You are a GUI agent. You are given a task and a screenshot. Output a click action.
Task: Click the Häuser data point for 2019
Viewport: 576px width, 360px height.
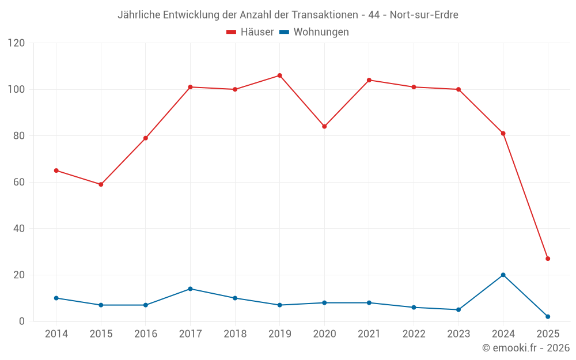(x=279, y=75)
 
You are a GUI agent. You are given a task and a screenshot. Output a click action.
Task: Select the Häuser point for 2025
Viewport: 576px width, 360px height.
(x=548, y=259)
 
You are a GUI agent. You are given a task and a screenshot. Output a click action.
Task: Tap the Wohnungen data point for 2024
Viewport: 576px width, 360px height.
(x=503, y=275)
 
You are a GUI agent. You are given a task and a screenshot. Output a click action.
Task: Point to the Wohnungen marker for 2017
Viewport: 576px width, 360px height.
(x=190, y=289)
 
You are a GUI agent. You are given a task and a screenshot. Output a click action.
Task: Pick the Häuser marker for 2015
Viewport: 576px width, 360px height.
(x=101, y=184)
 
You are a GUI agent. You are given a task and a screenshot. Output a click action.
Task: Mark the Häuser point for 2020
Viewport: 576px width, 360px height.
(x=324, y=126)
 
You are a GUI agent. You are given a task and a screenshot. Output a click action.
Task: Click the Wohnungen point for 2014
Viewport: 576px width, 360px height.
(x=56, y=298)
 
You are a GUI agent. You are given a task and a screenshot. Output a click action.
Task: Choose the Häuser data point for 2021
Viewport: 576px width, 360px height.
(x=369, y=80)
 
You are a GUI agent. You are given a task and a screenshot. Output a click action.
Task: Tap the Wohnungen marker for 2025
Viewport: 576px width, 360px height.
(x=548, y=316)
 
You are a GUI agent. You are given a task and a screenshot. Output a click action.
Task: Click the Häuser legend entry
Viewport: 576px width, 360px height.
(x=250, y=32)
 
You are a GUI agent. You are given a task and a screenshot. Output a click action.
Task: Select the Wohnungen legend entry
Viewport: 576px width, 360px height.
(x=314, y=32)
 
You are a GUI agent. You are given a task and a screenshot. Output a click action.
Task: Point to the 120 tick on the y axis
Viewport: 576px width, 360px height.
(x=17, y=43)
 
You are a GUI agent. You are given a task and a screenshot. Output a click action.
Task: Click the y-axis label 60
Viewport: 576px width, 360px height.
(x=20, y=182)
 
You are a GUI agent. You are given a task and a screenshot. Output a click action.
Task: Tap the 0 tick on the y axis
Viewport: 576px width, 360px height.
(x=22, y=321)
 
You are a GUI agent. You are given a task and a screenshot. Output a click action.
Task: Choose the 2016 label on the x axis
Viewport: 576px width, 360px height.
(x=145, y=334)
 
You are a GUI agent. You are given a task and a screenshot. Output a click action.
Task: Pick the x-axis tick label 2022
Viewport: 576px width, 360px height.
(x=414, y=334)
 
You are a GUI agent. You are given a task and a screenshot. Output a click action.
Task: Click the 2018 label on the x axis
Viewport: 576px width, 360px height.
(x=235, y=334)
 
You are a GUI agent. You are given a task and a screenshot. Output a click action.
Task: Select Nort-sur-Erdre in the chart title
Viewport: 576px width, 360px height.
(x=424, y=15)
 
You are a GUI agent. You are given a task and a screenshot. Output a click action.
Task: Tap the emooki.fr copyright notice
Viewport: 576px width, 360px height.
(x=526, y=348)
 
